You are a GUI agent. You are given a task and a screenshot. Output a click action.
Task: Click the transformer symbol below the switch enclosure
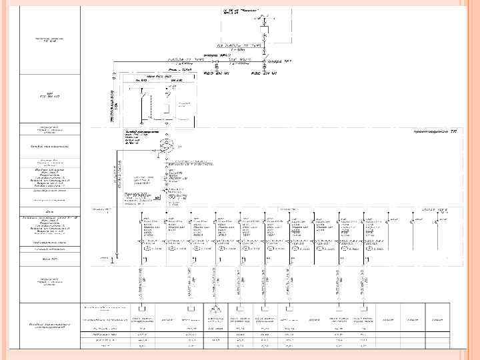(170, 146)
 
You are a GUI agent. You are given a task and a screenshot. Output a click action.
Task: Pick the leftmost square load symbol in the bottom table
(143, 309)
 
